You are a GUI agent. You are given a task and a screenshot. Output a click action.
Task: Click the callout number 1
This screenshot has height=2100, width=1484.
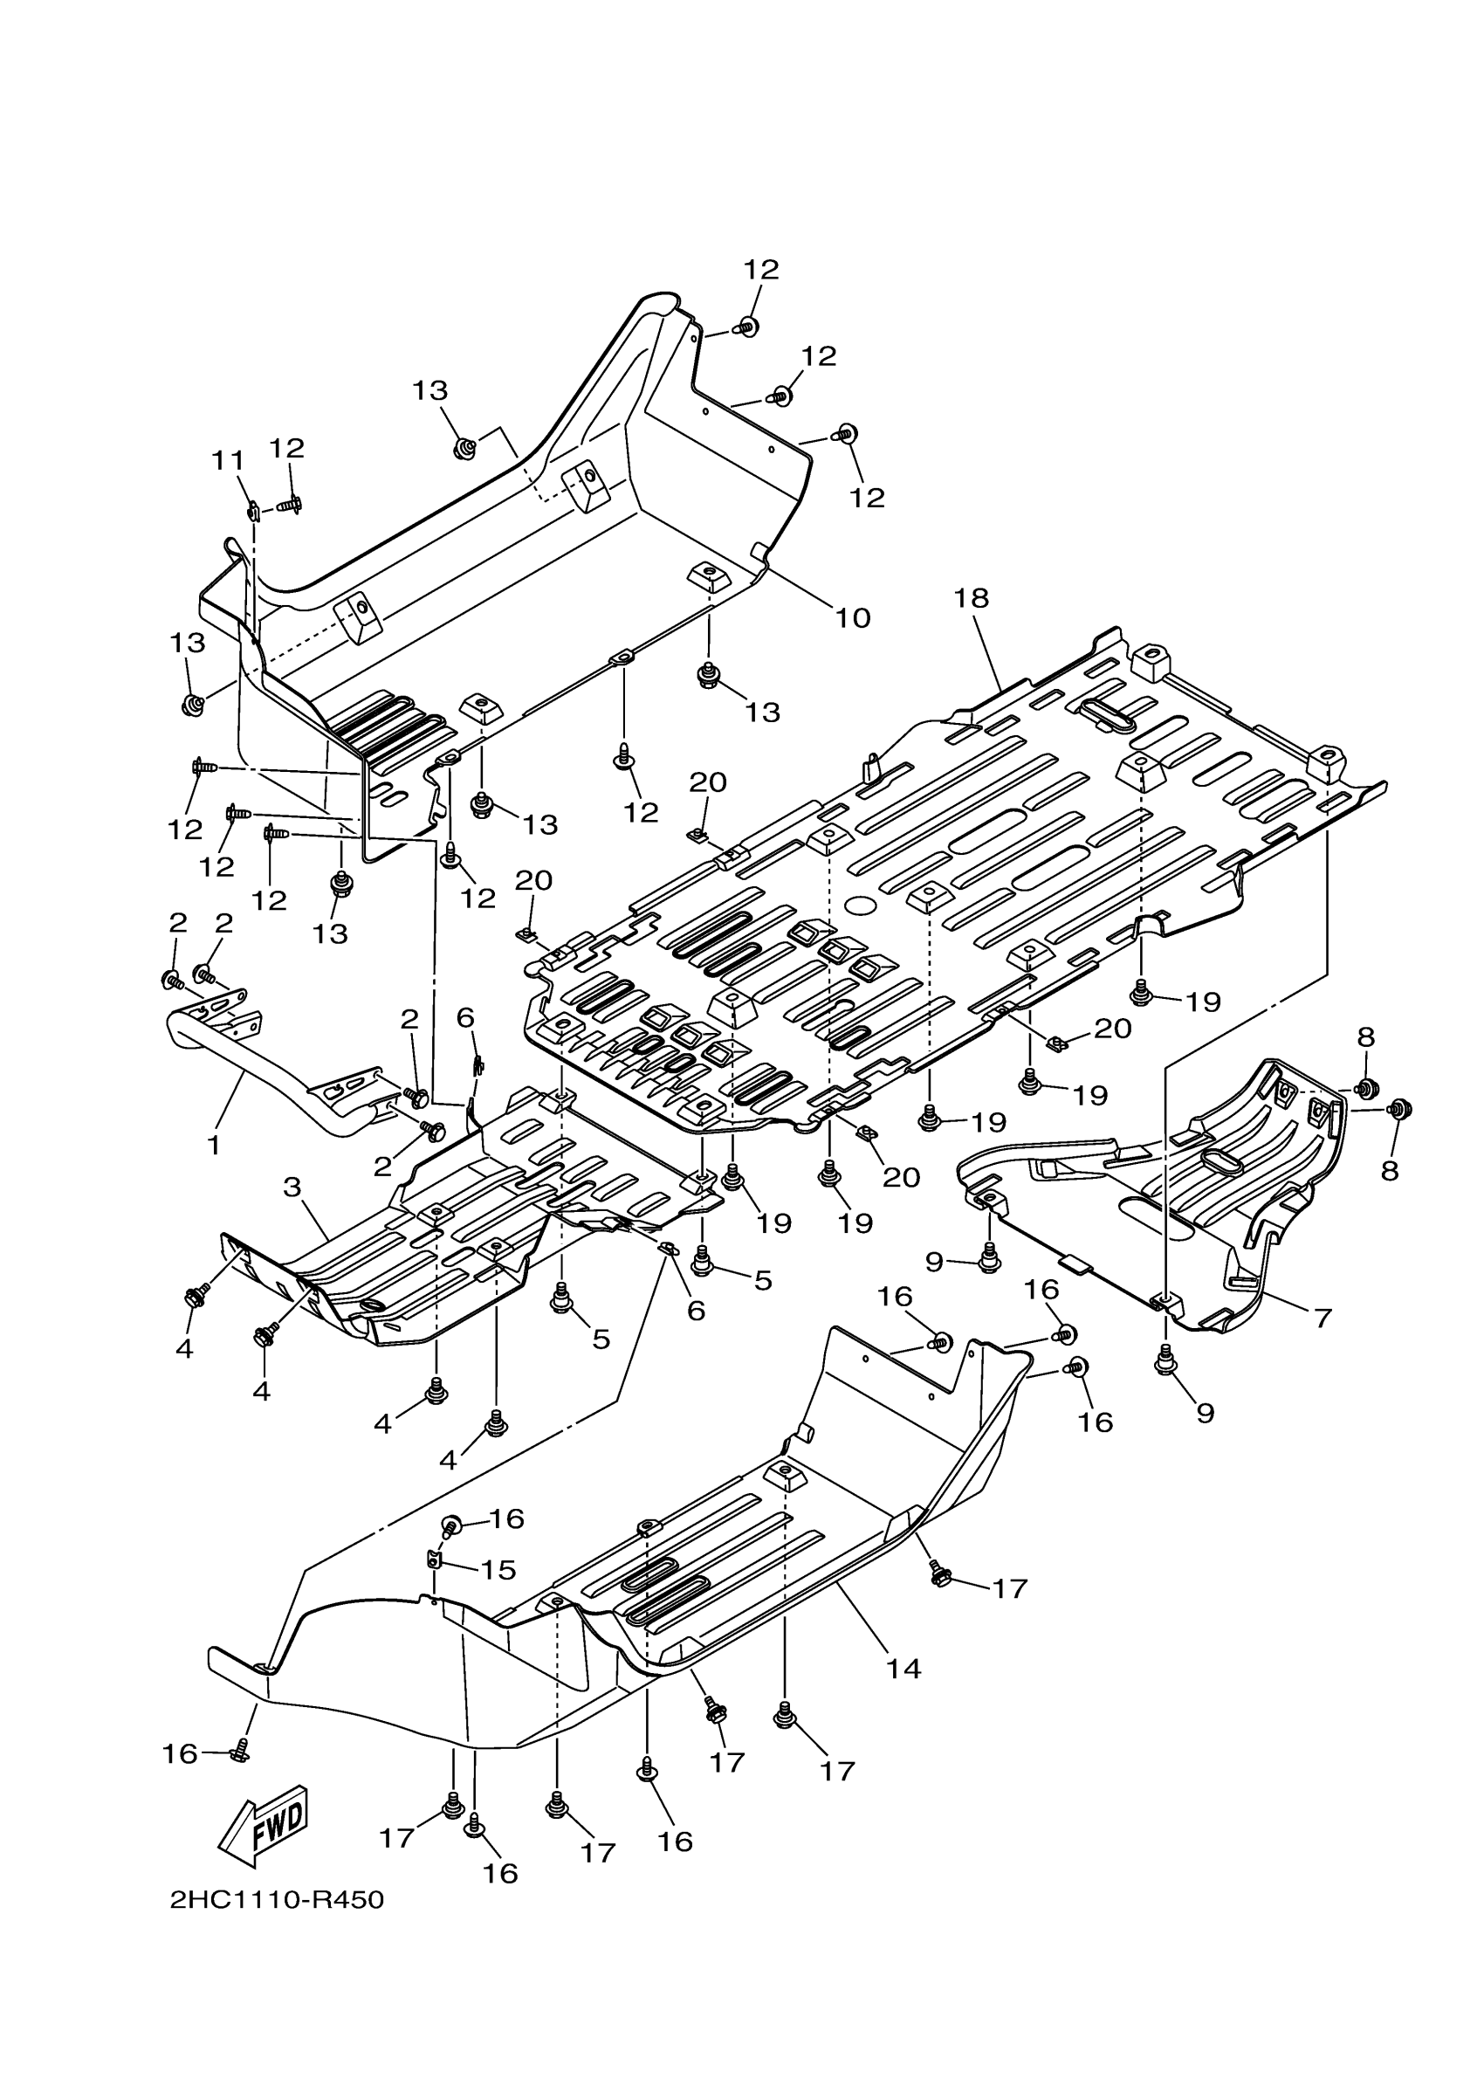(x=214, y=1145)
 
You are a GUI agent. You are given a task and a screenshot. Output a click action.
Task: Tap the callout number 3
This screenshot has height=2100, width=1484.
(x=292, y=1188)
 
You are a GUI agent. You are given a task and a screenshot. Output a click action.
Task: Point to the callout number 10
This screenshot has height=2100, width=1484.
(x=852, y=618)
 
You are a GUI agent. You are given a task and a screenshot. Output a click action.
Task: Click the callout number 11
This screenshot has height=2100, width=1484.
(x=229, y=461)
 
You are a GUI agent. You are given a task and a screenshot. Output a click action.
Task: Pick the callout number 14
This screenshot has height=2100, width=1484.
(x=903, y=1669)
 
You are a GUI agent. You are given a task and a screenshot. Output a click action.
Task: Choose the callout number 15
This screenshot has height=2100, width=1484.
(x=498, y=1569)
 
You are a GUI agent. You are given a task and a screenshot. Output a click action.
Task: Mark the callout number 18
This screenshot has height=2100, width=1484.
(x=971, y=598)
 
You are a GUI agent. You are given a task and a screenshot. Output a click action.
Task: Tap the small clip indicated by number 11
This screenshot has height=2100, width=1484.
(x=253, y=508)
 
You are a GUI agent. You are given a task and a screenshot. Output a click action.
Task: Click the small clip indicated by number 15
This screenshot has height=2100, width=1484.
(x=435, y=1558)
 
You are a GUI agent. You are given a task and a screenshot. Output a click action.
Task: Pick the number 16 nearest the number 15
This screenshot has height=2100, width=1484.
(x=505, y=1519)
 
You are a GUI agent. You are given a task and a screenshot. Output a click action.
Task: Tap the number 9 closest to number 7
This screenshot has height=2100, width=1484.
(x=1206, y=1413)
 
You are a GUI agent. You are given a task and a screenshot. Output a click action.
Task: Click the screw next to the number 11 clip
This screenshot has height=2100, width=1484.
(x=290, y=504)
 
